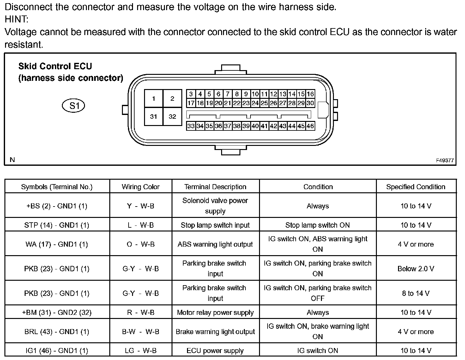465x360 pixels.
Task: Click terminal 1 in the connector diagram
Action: coord(154,99)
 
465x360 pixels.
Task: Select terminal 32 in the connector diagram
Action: coord(172,117)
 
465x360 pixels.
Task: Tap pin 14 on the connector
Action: coord(292,94)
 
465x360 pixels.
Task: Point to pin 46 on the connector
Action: coord(310,126)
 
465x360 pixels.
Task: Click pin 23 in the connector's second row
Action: coord(246,103)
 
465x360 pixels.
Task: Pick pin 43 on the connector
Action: coord(282,126)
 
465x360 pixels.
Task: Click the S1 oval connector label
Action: coord(74,105)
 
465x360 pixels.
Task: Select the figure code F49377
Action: coord(445,160)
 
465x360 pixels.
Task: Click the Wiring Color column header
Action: coord(141,187)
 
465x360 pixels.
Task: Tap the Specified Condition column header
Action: coord(416,187)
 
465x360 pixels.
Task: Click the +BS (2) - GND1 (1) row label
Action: coord(57,206)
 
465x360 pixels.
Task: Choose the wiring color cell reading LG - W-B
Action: coord(141,351)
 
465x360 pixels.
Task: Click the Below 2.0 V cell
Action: coord(416,269)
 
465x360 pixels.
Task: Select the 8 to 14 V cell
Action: coord(416,293)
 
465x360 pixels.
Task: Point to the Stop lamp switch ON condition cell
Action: coord(317,225)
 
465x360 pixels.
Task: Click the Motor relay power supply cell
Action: coord(215,313)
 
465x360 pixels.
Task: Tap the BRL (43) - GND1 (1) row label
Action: coord(57,332)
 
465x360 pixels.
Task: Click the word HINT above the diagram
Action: coord(16,20)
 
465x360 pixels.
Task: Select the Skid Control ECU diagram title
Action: coord(55,66)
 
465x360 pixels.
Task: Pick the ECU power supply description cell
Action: coord(215,351)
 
